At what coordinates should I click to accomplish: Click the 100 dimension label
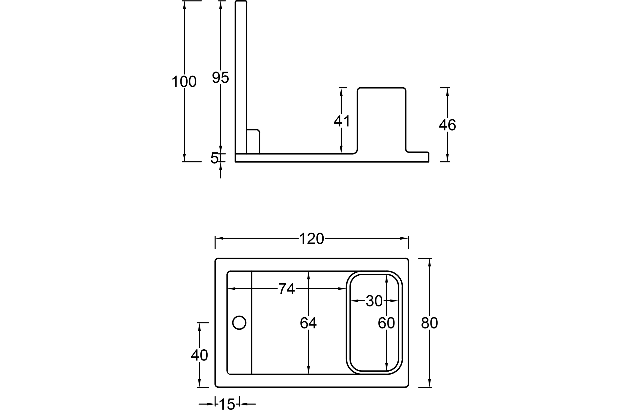pyautogui.click(x=184, y=81)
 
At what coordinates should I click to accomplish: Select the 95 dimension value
pyautogui.click(x=220, y=77)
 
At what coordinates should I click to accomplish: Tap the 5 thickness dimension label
pyautogui.click(x=215, y=158)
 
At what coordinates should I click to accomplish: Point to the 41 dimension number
pyautogui.click(x=341, y=121)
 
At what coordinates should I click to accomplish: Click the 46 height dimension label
pyautogui.click(x=448, y=124)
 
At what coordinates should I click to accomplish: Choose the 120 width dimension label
pyautogui.click(x=312, y=238)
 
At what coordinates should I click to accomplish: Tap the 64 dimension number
pyautogui.click(x=308, y=323)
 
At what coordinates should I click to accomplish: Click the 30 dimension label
pyautogui.click(x=374, y=301)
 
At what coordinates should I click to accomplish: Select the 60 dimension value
pyautogui.click(x=386, y=323)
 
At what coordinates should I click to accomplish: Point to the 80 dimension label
pyautogui.click(x=430, y=323)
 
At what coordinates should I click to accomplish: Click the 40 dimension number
pyautogui.click(x=199, y=355)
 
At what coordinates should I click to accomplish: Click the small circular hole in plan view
pyautogui.click(x=239, y=322)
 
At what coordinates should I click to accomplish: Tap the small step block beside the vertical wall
pyautogui.click(x=253, y=141)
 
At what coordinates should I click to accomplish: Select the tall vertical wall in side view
pyautogui.click(x=241, y=77)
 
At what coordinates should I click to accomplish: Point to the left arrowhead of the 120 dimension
pyautogui.click(x=219, y=238)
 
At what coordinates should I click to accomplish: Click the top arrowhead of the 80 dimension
pyautogui.click(x=430, y=263)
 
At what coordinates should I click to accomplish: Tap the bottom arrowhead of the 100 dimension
pyautogui.click(x=184, y=158)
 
